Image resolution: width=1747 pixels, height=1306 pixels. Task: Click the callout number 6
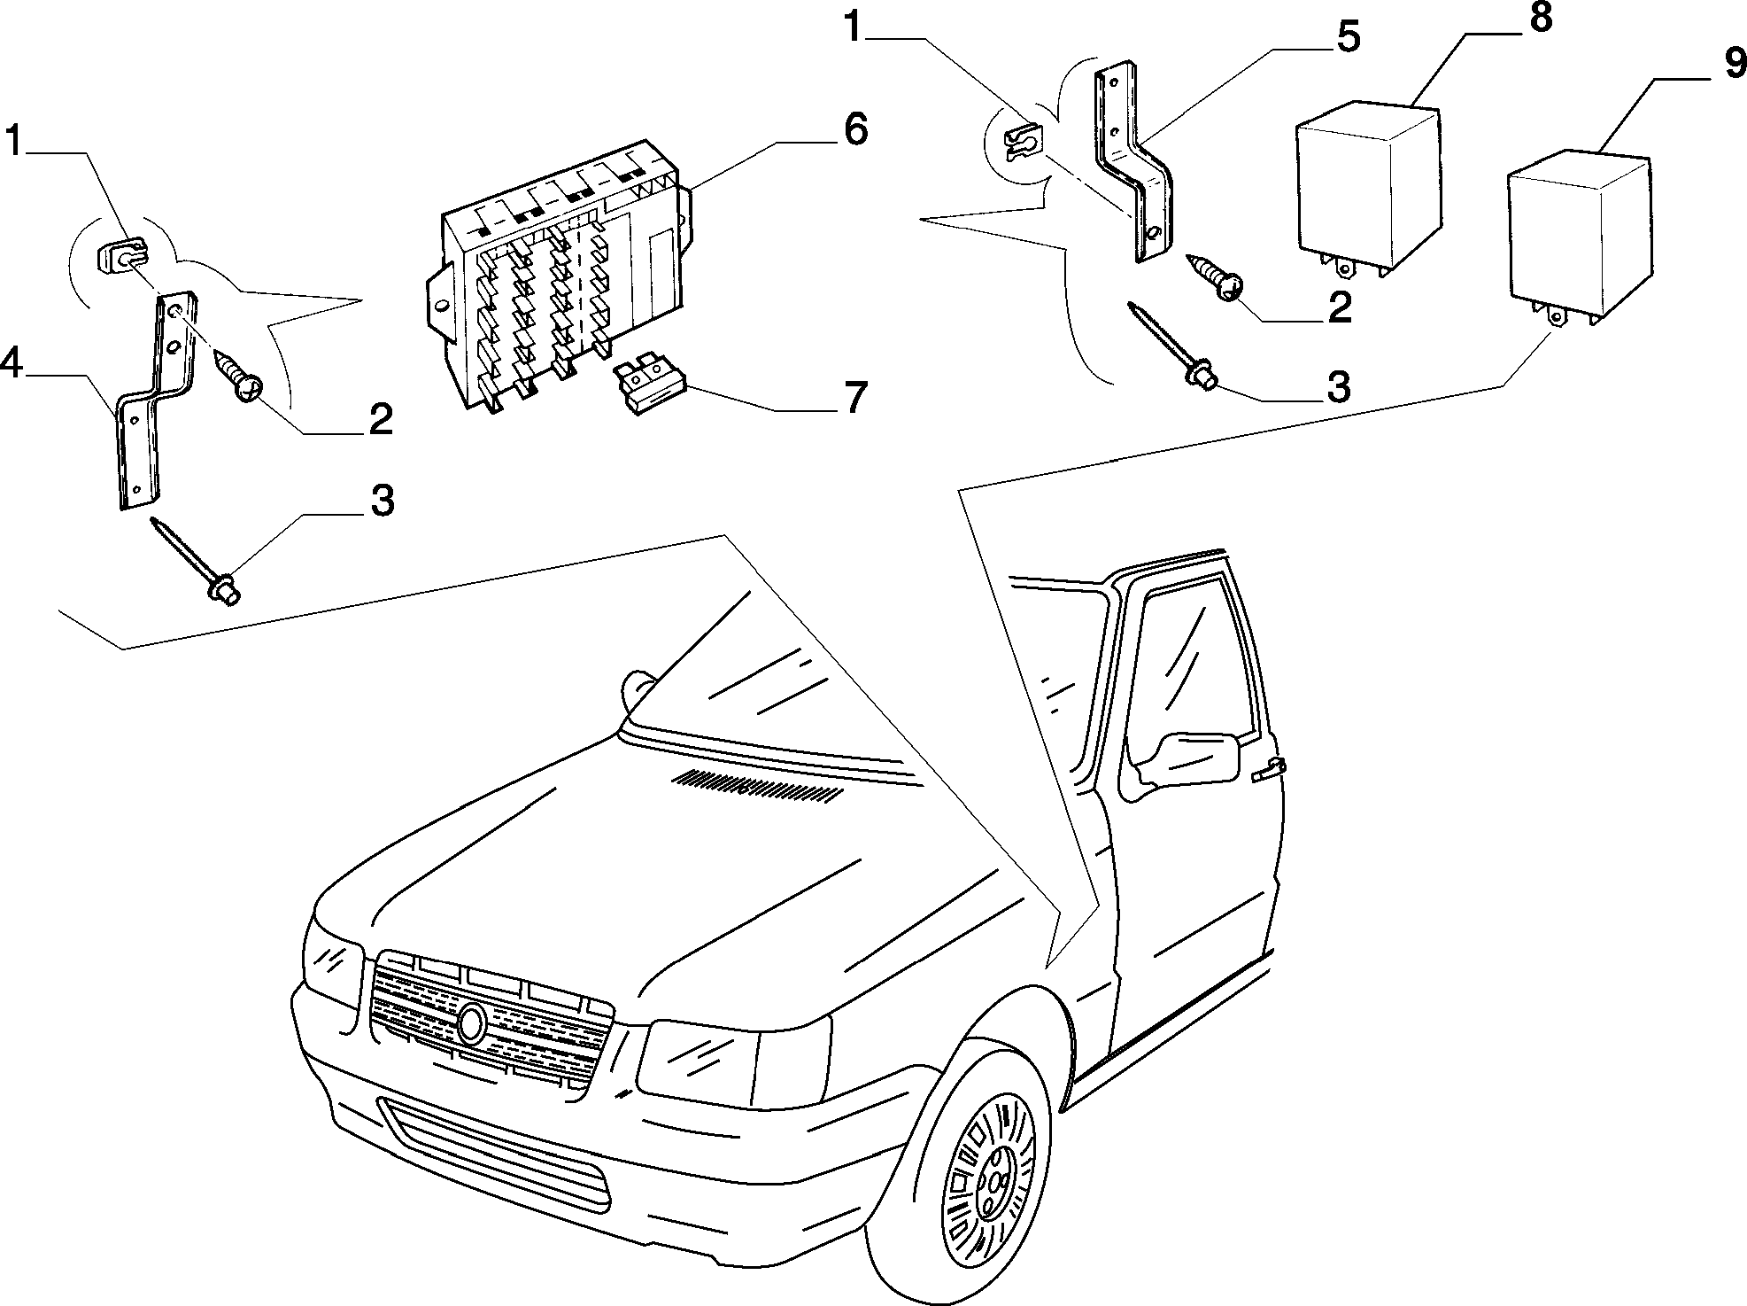[854, 131]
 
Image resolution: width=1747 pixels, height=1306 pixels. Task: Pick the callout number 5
[1346, 39]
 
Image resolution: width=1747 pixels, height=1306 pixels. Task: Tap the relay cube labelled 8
[1367, 190]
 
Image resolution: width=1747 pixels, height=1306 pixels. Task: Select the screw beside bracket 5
[1214, 277]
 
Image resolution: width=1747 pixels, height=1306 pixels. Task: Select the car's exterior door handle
[1269, 770]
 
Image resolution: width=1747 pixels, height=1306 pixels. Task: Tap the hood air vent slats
[755, 787]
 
